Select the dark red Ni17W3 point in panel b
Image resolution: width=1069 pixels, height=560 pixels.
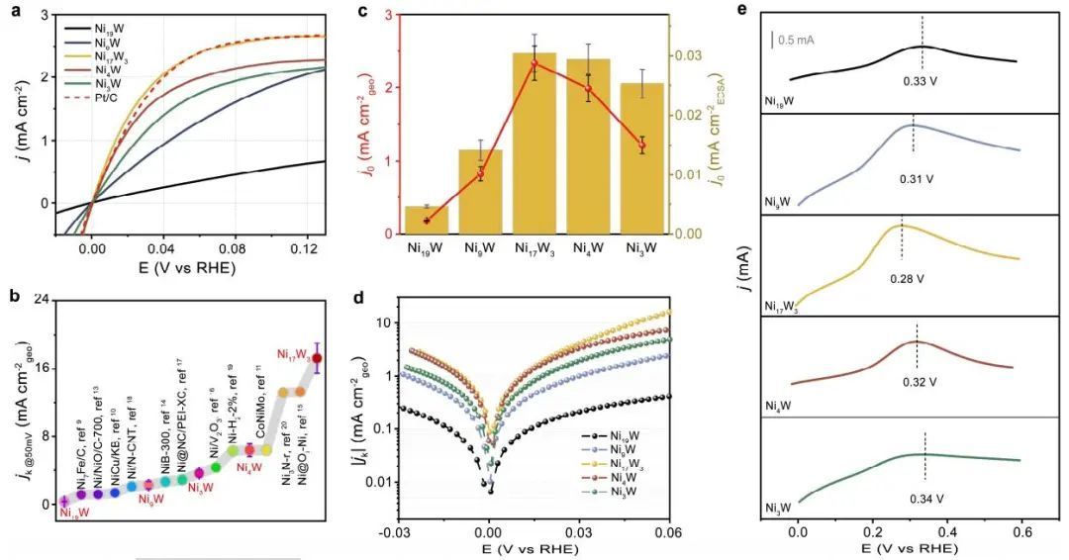tap(317, 358)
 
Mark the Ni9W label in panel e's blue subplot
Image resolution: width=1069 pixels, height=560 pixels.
tap(778, 203)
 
